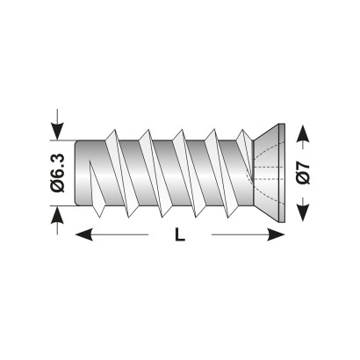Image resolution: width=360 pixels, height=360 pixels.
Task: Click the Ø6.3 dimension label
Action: pos(57,173)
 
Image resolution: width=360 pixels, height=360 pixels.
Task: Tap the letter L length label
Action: pos(180,234)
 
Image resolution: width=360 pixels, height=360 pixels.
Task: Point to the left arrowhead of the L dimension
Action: pos(84,234)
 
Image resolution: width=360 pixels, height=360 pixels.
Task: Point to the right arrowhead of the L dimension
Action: pos(276,234)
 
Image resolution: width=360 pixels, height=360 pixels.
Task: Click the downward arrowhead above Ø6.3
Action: pos(57,132)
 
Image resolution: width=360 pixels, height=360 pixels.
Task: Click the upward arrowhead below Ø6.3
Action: pos(57,215)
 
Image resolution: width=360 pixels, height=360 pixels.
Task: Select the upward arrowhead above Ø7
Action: pos(303,133)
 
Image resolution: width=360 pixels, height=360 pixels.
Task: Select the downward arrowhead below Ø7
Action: pos(303,212)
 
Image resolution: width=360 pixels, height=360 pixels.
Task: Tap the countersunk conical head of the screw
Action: pos(266,173)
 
